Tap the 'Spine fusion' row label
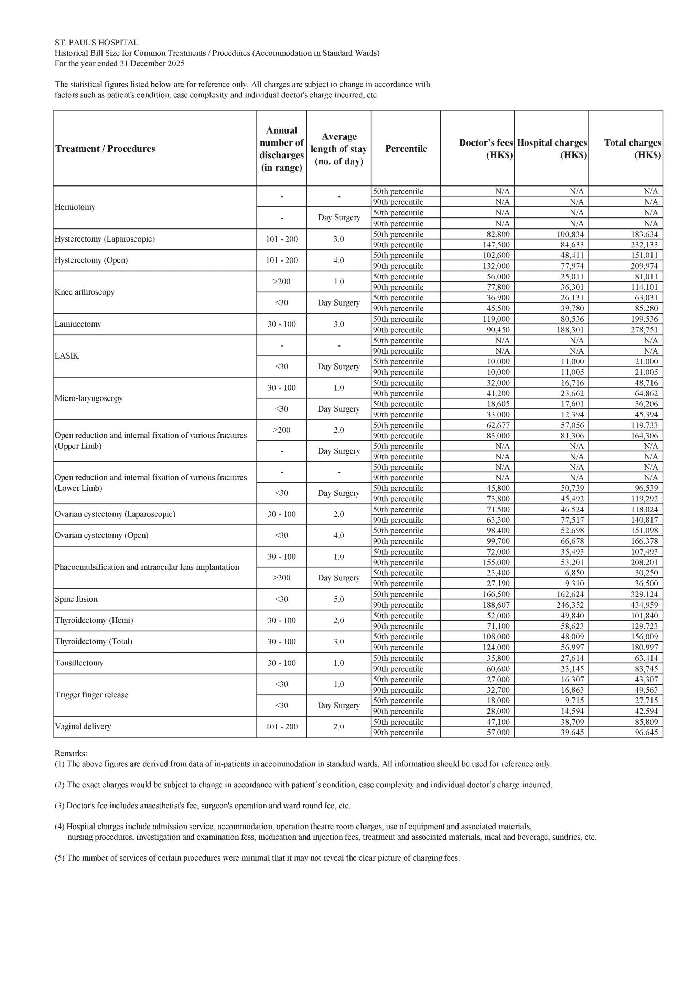pos(76,599)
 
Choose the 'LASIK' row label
pos(66,356)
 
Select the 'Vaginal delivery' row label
pos(83,726)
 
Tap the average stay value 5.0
pos(339,599)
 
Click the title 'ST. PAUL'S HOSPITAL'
pos(96,43)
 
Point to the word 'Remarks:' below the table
pos(71,753)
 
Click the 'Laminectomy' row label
pos(78,324)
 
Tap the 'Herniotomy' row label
pos(75,207)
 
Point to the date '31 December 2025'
pos(152,63)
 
